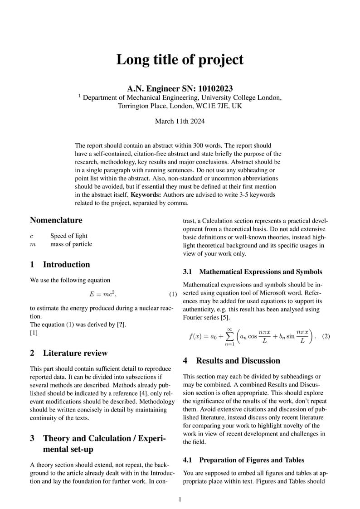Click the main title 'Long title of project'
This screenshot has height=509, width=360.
click(180, 59)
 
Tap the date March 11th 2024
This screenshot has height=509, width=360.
click(180, 121)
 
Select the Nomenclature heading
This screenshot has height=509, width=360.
click(56, 220)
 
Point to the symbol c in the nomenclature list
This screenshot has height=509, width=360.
click(32, 236)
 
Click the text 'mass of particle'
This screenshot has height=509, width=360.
click(71, 244)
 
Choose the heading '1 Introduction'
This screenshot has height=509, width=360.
click(60, 265)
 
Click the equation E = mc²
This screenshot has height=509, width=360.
click(103, 294)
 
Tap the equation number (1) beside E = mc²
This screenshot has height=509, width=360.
click(173, 294)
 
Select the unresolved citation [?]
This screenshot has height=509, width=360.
click(121, 325)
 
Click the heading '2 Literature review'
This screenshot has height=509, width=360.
click(69, 353)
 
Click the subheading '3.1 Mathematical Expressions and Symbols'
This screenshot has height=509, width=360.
click(253, 272)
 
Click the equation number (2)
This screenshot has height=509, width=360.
click(325, 337)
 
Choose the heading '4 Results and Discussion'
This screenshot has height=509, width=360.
click(231, 361)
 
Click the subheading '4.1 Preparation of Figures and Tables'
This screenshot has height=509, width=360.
click(243, 461)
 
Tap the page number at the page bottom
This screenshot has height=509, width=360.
click(180, 499)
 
